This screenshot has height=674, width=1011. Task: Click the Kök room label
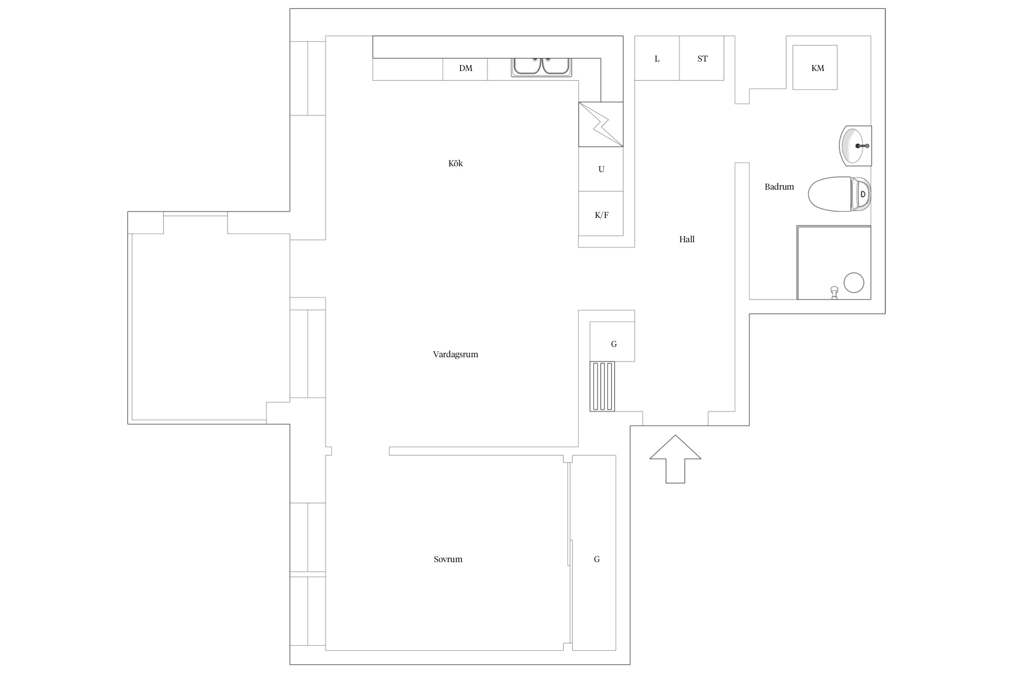(x=455, y=164)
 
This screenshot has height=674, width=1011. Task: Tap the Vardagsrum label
(x=455, y=355)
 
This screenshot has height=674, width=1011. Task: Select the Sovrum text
(x=448, y=559)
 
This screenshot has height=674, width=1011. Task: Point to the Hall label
(x=687, y=239)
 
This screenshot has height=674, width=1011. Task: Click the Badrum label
(x=779, y=187)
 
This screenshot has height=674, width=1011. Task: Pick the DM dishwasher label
(x=466, y=68)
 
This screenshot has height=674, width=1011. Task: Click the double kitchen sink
(x=541, y=67)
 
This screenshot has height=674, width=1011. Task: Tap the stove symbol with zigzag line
(x=601, y=124)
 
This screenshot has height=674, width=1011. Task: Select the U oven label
(x=601, y=169)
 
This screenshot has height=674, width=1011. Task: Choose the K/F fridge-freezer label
(x=601, y=215)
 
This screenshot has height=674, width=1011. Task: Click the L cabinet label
(x=657, y=59)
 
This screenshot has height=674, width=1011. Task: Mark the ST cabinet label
(x=702, y=59)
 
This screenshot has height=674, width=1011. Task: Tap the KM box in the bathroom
(x=815, y=67)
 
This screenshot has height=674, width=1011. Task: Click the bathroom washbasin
(x=855, y=146)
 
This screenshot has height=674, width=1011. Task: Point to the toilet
(x=839, y=194)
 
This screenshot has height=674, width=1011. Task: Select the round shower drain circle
(x=854, y=283)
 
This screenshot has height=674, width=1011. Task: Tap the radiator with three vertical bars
(x=602, y=386)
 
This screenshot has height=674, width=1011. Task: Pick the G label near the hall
(x=614, y=344)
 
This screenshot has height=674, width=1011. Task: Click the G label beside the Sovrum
(x=597, y=559)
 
